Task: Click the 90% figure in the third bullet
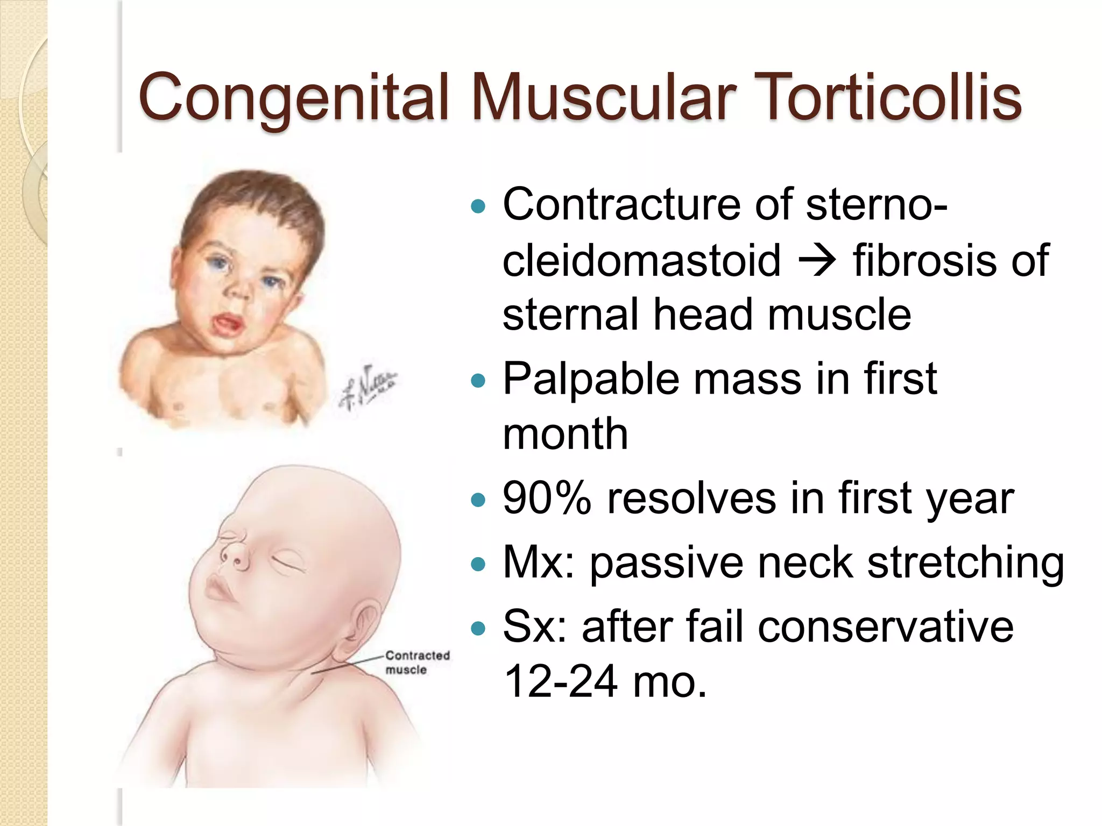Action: [547, 499]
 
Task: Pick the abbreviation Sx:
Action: [535, 627]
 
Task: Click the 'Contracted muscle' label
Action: [417, 663]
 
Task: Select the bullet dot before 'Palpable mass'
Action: [478, 381]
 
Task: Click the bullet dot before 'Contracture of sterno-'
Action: [478, 205]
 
